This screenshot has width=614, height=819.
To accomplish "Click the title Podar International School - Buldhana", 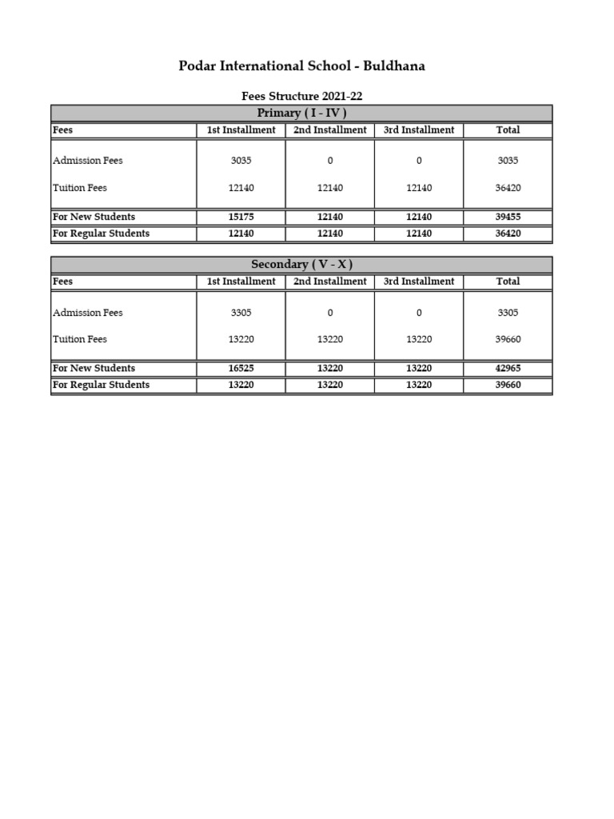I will [301, 66].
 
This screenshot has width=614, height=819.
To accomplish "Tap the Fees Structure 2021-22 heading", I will [301, 96].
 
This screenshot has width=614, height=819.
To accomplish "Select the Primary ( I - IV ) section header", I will [301, 113].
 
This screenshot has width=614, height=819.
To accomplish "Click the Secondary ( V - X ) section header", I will [301, 265].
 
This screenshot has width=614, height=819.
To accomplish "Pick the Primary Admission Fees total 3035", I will [508, 161].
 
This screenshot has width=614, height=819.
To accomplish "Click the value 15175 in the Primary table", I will [241, 217].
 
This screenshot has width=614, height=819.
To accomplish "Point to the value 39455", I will [508, 217].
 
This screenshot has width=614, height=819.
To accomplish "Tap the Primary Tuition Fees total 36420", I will [508, 188].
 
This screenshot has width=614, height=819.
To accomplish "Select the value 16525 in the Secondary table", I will [241, 369].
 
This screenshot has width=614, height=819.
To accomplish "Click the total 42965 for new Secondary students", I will [508, 369].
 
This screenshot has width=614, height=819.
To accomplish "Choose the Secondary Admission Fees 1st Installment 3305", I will [241, 313].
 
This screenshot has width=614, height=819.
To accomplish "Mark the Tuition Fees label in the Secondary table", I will [80, 339].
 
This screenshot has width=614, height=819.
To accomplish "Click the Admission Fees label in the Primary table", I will [88, 161].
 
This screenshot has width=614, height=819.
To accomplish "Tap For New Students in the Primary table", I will [94, 217].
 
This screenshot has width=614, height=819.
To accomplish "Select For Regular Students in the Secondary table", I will [101, 385].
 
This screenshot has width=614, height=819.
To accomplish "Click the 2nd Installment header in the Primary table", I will [330, 130].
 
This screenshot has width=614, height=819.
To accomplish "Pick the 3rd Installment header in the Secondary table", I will [419, 282].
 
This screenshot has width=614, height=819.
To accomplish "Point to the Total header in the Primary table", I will [508, 130].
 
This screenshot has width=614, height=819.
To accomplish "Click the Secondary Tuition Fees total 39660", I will [508, 339].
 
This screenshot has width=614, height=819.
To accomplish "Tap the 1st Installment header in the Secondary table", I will [241, 282].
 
